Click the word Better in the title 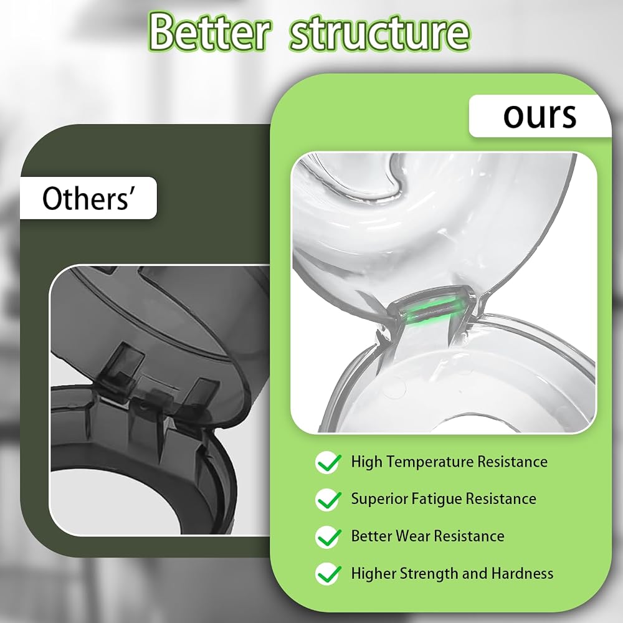(x=210, y=32)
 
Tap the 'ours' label (x=540, y=116)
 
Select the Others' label (x=86, y=198)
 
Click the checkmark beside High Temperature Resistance (x=328, y=462)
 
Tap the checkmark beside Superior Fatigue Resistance (x=328, y=500)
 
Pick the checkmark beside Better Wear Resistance (x=328, y=537)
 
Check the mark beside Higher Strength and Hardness (x=328, y=574)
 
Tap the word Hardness (x=522, y=573)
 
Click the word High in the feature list (x=366, y=462)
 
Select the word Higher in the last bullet (x=373, y=574)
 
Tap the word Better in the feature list (x=371, y=536)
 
